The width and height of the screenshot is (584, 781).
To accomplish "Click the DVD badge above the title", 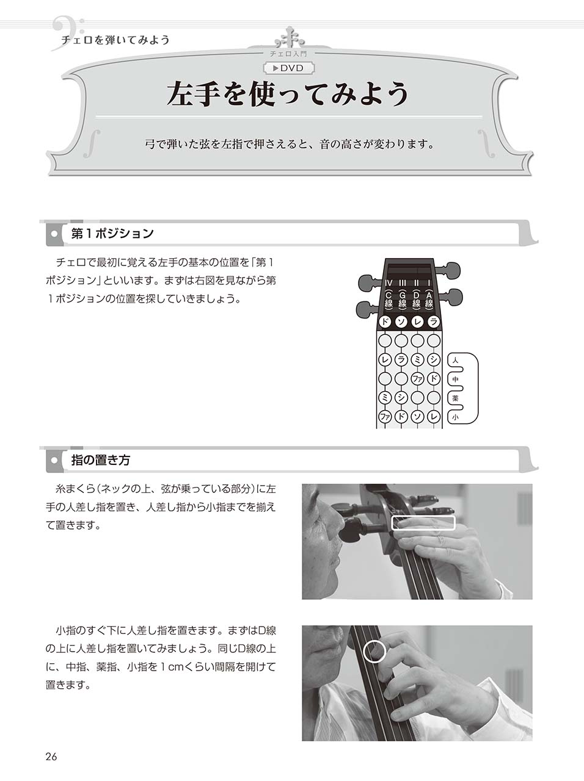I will tap(291, 68).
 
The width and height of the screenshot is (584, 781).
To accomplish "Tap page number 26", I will tap(51, 757).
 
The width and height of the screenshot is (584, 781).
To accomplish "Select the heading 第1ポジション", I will tap(112, 233).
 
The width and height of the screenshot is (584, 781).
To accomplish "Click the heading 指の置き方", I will tap(100, 460).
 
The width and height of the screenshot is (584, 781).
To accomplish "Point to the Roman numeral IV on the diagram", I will tap(388, 283).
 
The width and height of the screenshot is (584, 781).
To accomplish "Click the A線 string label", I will tap(429, 299).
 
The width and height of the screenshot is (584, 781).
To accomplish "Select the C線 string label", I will tap(388, 299).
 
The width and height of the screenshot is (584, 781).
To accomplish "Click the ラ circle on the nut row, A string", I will tap(434, 322).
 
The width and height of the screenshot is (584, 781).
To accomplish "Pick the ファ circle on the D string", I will tap(417, 379).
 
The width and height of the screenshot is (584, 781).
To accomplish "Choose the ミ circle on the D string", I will tap(417, 359).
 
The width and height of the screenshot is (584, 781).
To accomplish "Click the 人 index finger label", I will tap(455, 361).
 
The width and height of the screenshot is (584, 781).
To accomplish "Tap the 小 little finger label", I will tap(455, 417).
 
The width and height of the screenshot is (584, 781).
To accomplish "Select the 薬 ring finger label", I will tap(455, 398).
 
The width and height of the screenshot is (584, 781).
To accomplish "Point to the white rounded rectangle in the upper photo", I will tap(423, 523).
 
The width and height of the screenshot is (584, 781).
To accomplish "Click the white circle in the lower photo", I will tap(374, 651).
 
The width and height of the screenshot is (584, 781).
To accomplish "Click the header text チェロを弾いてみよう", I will tap(115, 40).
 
